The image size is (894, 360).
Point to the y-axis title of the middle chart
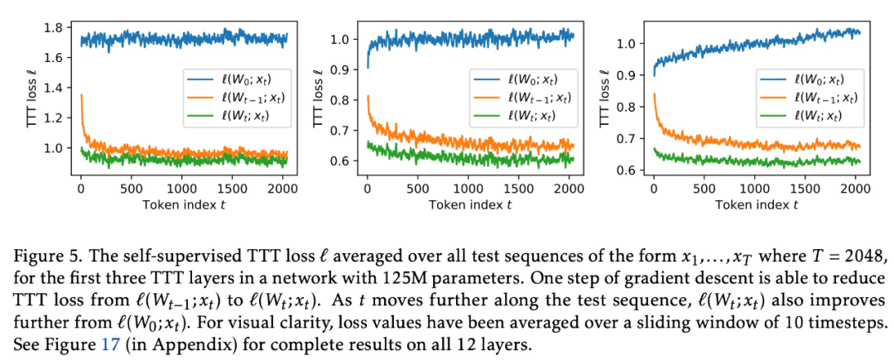click(319, 100)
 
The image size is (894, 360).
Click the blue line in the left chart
click(182, 38)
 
